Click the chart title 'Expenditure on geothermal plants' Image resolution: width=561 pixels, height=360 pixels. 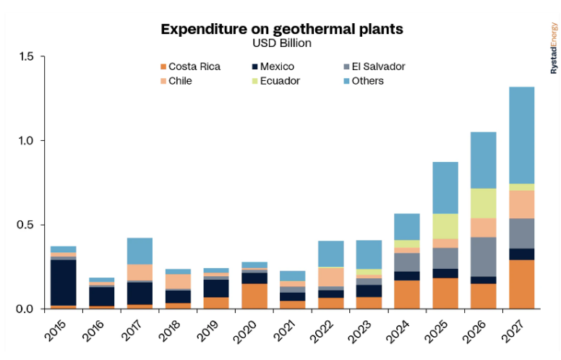281,29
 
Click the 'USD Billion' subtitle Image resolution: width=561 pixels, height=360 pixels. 281,43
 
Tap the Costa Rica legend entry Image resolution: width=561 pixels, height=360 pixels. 189,67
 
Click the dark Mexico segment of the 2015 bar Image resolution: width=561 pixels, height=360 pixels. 63,282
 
